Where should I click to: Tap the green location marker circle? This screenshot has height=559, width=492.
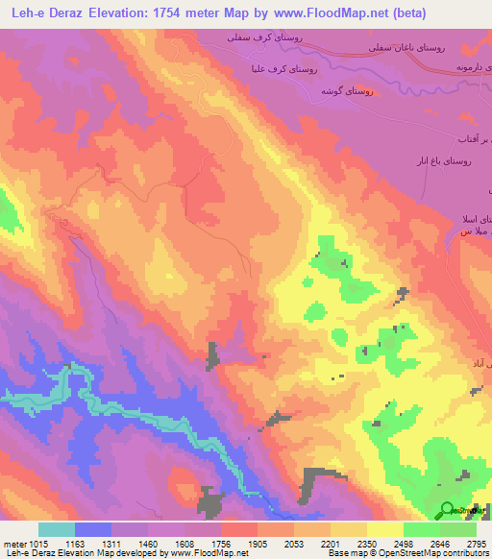tap(448, 510)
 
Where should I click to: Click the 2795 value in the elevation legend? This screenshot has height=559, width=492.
tap(478, 543)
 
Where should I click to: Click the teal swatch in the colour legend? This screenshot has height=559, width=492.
tap(57, 529)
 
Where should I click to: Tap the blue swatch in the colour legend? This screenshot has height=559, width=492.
tap(93, 529)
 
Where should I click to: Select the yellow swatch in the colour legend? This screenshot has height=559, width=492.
tap(385, 529)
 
